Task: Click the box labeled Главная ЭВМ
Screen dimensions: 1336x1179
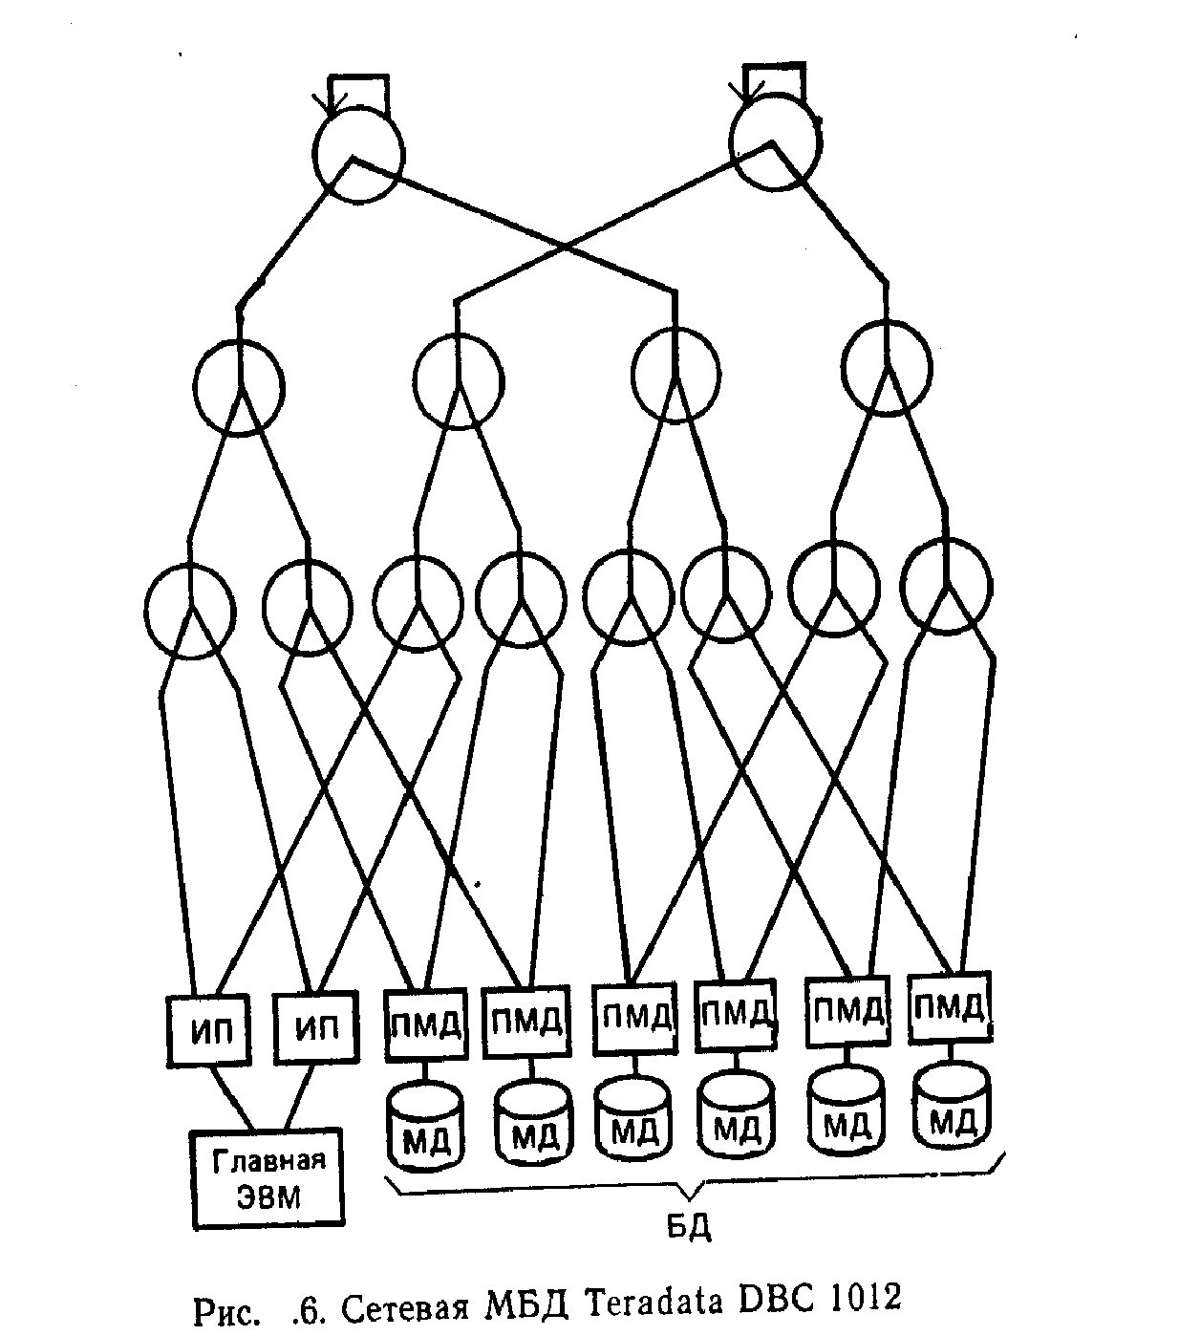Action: coord(268,1178)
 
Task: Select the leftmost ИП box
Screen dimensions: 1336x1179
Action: coord(208,1030)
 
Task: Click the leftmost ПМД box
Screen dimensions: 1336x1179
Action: coord(425,1024)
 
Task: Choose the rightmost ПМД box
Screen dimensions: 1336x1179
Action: coord(949,1006)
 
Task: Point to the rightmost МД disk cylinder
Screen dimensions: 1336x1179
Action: coord(952,1108)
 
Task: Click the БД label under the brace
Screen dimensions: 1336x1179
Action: coord(690,1226)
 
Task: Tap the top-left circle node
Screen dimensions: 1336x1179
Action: coord(359,155)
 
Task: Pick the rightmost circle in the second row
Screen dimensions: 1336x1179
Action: coord(887,368)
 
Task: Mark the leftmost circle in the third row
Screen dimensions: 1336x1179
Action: coord(190,612)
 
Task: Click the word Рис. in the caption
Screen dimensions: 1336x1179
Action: coord(226,1310)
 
